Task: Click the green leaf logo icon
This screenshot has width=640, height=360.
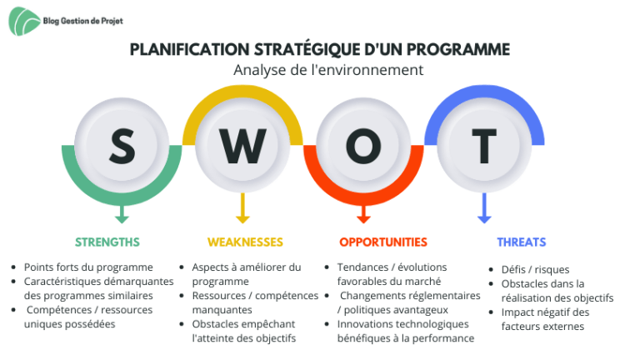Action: (24, 21)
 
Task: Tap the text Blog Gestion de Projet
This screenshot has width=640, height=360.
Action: (82, 21)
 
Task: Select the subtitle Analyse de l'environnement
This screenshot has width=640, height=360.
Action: (328, 70)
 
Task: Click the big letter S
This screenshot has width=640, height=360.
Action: (122, 146)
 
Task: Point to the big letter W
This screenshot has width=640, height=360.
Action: (242, 146)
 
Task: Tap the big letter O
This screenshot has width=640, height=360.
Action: (363, 146)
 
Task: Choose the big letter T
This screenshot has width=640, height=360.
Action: (484, 146)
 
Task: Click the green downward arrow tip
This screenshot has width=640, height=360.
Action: (122, 222)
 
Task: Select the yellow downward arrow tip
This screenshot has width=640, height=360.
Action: (242, 222)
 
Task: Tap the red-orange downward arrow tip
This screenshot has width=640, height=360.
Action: (363, 222)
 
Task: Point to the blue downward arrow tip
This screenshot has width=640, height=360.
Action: (484, 222)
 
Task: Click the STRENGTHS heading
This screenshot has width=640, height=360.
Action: (107, 242)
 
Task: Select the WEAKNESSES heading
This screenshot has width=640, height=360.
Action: (245, 242)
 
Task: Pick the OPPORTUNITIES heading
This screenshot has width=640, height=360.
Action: (383, 242)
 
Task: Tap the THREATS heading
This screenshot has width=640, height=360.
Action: (521, 242)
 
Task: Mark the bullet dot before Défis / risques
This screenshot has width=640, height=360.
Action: (491, 270)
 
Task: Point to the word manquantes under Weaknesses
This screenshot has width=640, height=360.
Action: (222, 310)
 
